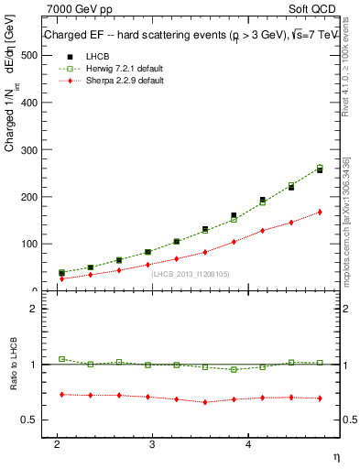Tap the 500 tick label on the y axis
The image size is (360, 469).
pyautogui.click(x=28, y=55)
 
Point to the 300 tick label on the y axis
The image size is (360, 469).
pyautogui.click(x=28, y=149)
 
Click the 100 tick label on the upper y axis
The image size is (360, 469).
pyautogui.click(x=28, y=244)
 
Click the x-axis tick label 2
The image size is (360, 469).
pyautogui.click(x=57, y=442)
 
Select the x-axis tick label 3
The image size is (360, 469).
pyautogui.click(x=152, y=442)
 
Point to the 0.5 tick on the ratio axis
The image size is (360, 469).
pyautogui.click(x=28, y=420)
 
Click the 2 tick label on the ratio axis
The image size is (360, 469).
pyautogui.click(x=33, y=309)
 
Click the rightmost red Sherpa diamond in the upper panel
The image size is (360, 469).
pyautogui.click(x=320, y=212)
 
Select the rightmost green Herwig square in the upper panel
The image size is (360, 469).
pyautogui.click(x=320, y=168)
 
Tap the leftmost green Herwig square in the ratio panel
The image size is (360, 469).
pyautogui.click(x=61, y=359)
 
